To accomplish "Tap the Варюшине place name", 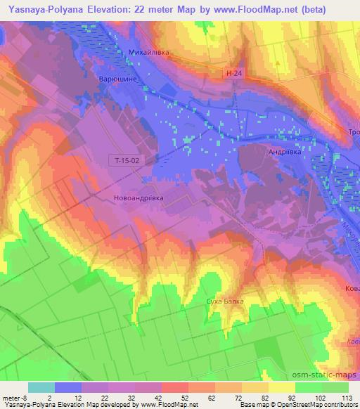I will tap(117, 79).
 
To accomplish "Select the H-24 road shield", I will tap(236, 73).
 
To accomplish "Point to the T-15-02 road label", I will tap(129, 161).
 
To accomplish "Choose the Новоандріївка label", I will tap(138, 198).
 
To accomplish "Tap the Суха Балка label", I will tap(226, 301).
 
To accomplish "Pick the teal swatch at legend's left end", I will tap(41, 387).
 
